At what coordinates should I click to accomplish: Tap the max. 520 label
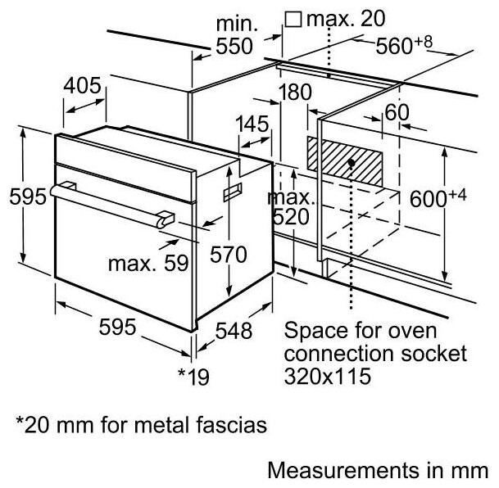coord(291,208)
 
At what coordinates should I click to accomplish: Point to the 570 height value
coord(227,255)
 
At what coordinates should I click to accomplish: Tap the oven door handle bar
coord(107,202)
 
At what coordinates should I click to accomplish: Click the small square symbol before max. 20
coord(291,18)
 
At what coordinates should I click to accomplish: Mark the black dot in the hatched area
coord(351,162)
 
